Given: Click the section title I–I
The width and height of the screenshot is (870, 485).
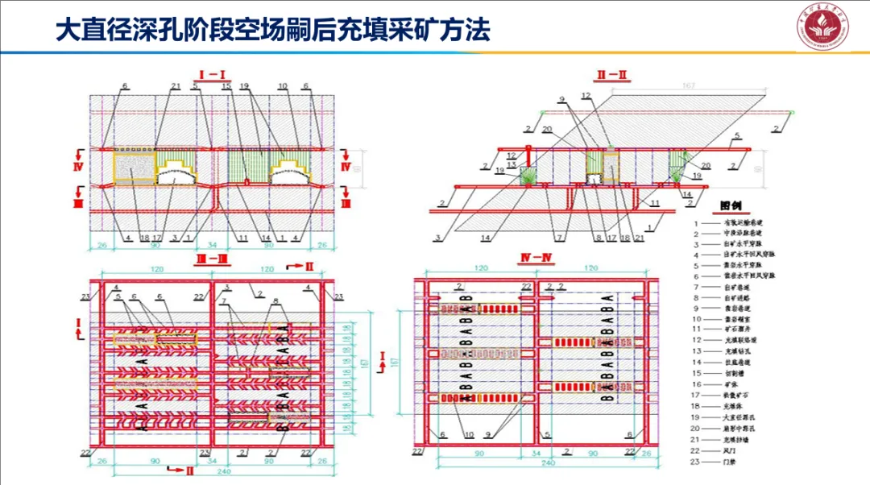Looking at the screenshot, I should tap(211, 75).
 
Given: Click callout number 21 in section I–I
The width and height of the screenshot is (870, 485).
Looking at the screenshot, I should tap(176, 86).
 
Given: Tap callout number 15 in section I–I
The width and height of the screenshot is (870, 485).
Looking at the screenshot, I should tap(226, 86).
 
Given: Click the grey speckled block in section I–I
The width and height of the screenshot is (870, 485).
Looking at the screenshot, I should tap(135, 171).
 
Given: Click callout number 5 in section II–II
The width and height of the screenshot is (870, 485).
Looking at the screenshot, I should tap(736, 143).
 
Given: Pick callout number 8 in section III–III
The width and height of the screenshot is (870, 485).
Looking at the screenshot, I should tap(276, 300).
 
